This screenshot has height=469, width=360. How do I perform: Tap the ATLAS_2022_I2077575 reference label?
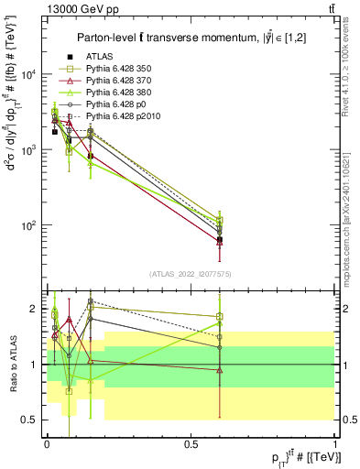click(191, 274)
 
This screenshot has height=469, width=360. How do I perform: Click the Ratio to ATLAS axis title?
click(11, 364)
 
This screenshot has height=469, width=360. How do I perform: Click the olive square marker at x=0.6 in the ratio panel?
click(220, 317)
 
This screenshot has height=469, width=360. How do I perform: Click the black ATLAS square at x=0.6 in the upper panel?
click(220, 240)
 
